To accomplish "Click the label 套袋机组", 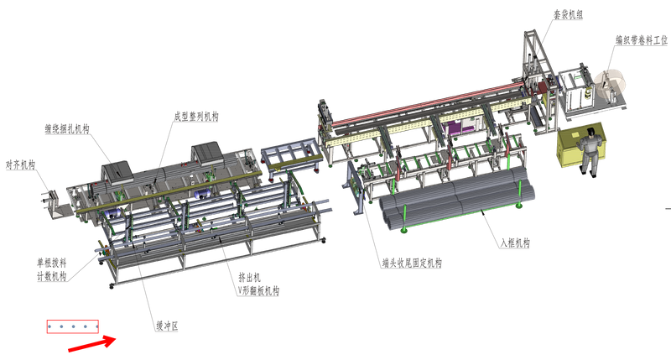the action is click(569, 14).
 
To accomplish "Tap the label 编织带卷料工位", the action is click(641, 40).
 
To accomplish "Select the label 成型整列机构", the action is click(196, 117).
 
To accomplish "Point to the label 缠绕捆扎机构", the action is click(67, 129).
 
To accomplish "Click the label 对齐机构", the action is click(20, 164).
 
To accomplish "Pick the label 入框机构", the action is click(515, 243).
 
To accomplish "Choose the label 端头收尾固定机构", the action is click(412, 263).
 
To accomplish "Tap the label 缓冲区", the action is click(167, 326).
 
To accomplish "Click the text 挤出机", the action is click(249, 278).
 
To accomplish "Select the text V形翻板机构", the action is click(258, 291).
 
